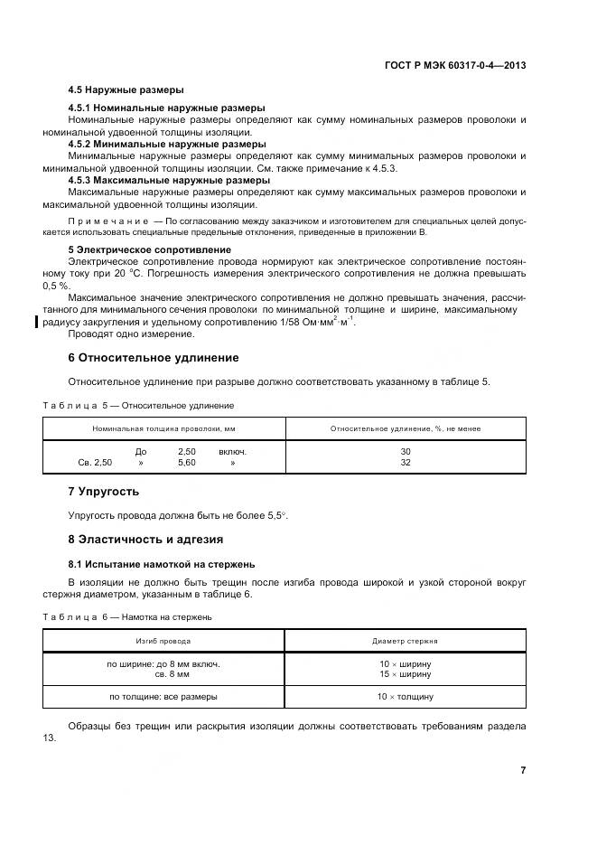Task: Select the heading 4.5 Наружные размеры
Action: [126, 90]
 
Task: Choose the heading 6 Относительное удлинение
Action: [154, 358]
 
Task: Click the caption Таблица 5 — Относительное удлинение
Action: [138, 406]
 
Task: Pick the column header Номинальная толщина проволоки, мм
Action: [163, 428]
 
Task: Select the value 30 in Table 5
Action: [405, 451]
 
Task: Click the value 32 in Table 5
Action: [405, 462]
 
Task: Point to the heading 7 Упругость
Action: [104, 492]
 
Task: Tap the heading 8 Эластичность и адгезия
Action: [145, 540]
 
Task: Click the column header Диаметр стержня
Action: [405, 641]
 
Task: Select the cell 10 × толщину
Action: [405, 697]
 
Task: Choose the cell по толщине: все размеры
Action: [163, 697]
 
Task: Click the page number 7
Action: [523, 770]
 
